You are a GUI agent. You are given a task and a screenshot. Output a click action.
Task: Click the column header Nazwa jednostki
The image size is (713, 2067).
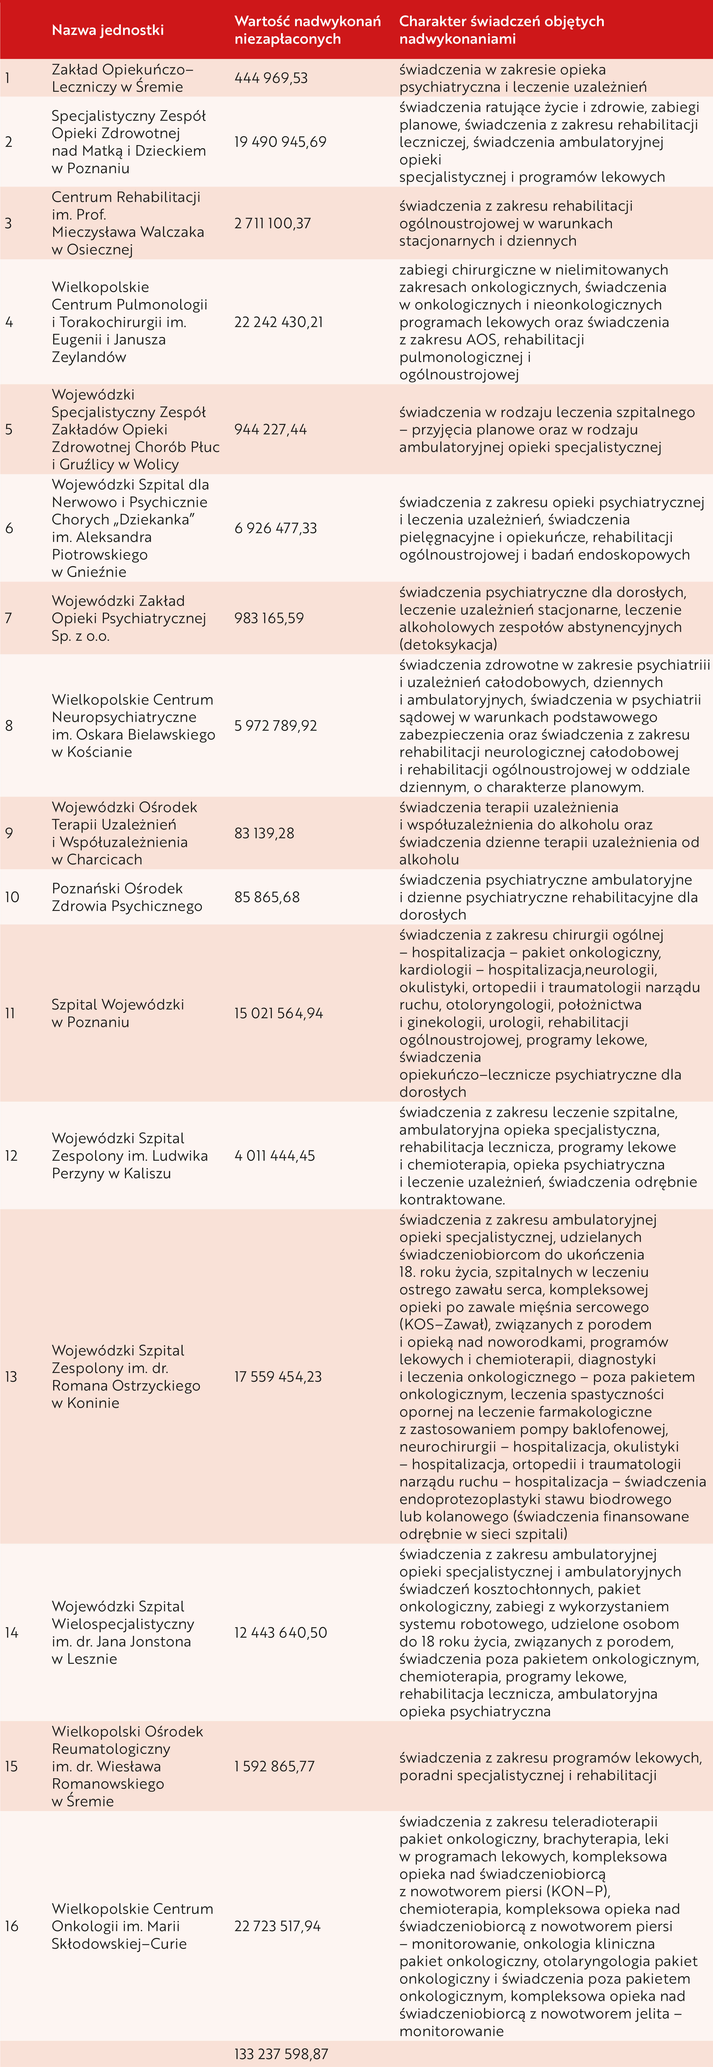[x=108, y=30]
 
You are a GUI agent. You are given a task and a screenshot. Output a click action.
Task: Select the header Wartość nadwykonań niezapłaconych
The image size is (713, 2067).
[x=308, y=30]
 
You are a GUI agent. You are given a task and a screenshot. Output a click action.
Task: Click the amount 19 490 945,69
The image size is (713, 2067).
[x=280, y=142]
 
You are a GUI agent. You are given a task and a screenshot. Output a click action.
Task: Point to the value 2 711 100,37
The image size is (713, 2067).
[x=272, y=223]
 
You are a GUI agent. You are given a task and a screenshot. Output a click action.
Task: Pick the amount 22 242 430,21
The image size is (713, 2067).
[x=279, y=322]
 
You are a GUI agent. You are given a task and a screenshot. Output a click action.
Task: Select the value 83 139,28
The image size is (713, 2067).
[x=264, y=833]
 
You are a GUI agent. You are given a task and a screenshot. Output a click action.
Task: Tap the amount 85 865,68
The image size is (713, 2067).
[x=267, y=897]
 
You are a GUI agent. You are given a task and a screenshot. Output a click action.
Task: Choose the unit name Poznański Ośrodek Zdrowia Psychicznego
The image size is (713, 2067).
[x=127, y=897]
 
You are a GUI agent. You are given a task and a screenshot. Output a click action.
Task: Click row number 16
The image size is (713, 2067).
[x=11, y=1926]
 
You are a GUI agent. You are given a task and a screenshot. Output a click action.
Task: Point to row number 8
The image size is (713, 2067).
[x=9, y=725]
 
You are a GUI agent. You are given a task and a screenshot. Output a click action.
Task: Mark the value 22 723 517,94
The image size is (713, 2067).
[x=278, y=1926]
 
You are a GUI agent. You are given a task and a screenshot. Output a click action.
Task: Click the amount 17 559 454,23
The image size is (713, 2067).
[x=278, y=1376]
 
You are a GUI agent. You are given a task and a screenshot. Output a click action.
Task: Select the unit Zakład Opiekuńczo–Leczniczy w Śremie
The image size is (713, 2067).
[x=122, y=78]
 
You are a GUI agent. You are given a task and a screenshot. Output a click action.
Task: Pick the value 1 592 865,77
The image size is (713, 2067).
[x=275, y=1766]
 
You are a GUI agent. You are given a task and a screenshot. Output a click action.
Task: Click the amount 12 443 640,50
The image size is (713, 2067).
[x=280, y=1632]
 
